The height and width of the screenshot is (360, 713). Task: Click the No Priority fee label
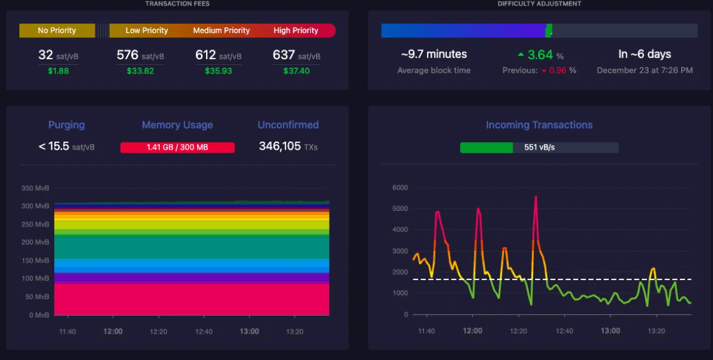(57, 31)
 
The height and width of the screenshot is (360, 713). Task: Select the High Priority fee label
(295, 31)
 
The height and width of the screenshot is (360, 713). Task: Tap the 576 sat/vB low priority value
(140, 56)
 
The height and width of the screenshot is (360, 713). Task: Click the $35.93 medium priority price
(219, 71)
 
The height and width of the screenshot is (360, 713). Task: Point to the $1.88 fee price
(58, 71)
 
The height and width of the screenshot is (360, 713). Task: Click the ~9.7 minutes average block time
(434, 54)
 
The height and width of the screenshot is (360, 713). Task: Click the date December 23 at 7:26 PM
(645, 71)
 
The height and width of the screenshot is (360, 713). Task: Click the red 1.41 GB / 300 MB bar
(177, 148)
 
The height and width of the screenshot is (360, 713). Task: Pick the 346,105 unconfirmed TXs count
(288, 147)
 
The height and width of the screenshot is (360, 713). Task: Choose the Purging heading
(66, 125)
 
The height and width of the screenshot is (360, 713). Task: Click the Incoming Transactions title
(539, 125)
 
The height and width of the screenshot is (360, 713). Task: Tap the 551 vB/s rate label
(539, 148)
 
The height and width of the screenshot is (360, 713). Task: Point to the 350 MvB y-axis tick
(35, 188)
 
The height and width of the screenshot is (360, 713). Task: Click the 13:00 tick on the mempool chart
(249, 331)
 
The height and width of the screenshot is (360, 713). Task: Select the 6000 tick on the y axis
(400, 188)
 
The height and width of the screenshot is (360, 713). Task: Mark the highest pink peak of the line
(536, 197)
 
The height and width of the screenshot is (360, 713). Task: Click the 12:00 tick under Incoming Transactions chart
(473, 331)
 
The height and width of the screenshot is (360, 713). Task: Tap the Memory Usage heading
(177, 125)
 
